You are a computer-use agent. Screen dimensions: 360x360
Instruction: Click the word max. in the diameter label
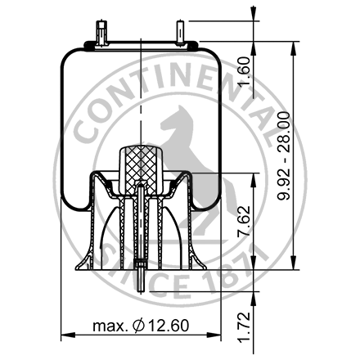[110, 326]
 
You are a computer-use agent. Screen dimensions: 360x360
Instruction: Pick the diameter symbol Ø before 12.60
[138, 326]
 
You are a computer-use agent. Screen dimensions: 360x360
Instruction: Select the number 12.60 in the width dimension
[168, 326]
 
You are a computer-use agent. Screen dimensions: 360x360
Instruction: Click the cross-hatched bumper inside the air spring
[142, 164]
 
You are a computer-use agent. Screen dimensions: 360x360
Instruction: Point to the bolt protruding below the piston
[143, 281]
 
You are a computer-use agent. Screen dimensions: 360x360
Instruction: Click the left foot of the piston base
[83, 263]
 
